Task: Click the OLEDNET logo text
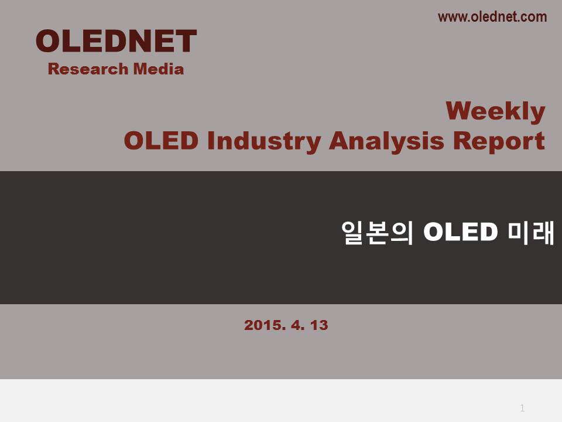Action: [116, 41]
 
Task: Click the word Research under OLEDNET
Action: [88, 69]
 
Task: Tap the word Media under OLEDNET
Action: [159, 69]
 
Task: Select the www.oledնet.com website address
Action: [492, 17]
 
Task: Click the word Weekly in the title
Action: [495, 111]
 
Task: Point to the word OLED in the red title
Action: [161, 140]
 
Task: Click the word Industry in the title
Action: [264, 141]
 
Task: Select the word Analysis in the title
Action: [386, 141]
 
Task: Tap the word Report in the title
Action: [499, 141]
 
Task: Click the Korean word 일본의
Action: [378, 233]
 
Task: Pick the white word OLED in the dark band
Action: [461, 232]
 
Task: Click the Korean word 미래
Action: [531, 233]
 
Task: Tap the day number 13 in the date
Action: [319, 325]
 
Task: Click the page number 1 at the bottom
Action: [522, 408]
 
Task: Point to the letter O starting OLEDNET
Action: [47, 41]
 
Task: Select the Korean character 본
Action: [377, 233]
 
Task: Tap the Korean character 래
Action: [543, 233]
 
